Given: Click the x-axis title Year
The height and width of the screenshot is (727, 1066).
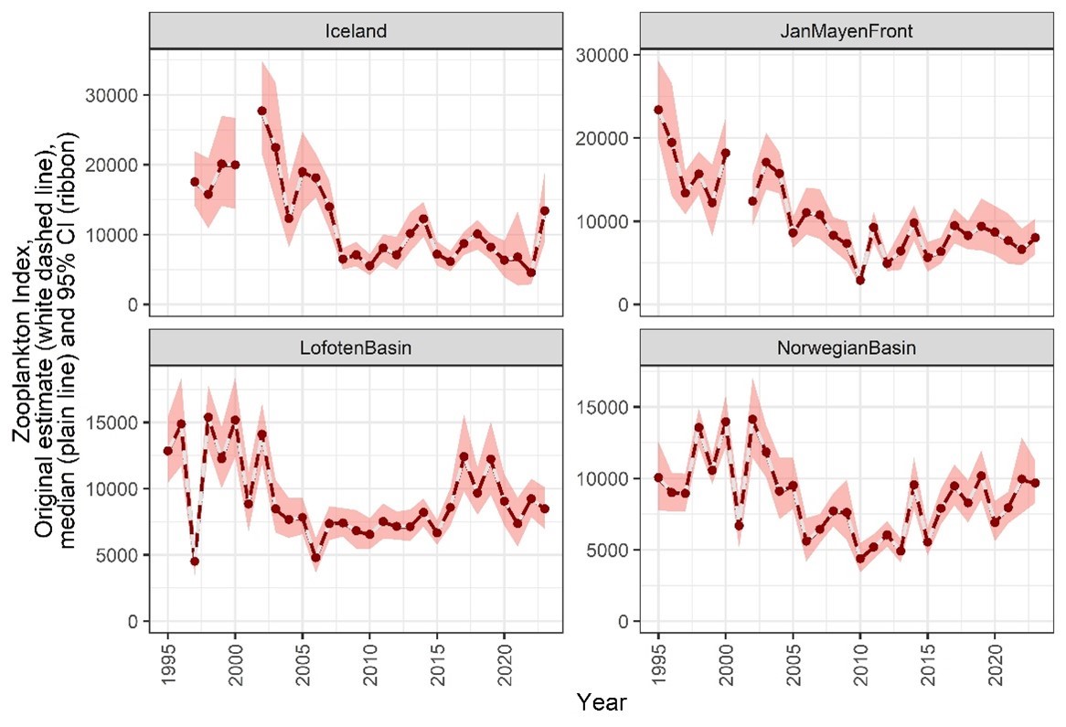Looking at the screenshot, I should click(x=601, y=703).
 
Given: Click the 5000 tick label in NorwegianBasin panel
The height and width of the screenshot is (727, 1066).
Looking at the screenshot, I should click(x=606, y=551).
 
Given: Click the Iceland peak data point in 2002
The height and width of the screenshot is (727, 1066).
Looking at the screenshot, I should click(x=262, y=111).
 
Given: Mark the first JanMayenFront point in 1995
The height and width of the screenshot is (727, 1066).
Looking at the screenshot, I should click(x=658, y=110).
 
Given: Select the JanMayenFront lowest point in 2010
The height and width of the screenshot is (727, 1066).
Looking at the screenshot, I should click(x=860, y=280).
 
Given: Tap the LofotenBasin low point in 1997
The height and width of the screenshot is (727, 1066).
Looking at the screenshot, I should click(x=195, y=561).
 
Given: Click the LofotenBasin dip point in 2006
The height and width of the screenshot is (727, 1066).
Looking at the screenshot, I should click(x=315, y=558).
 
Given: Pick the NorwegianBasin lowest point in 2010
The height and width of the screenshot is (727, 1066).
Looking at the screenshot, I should click(x=860, y=559).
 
